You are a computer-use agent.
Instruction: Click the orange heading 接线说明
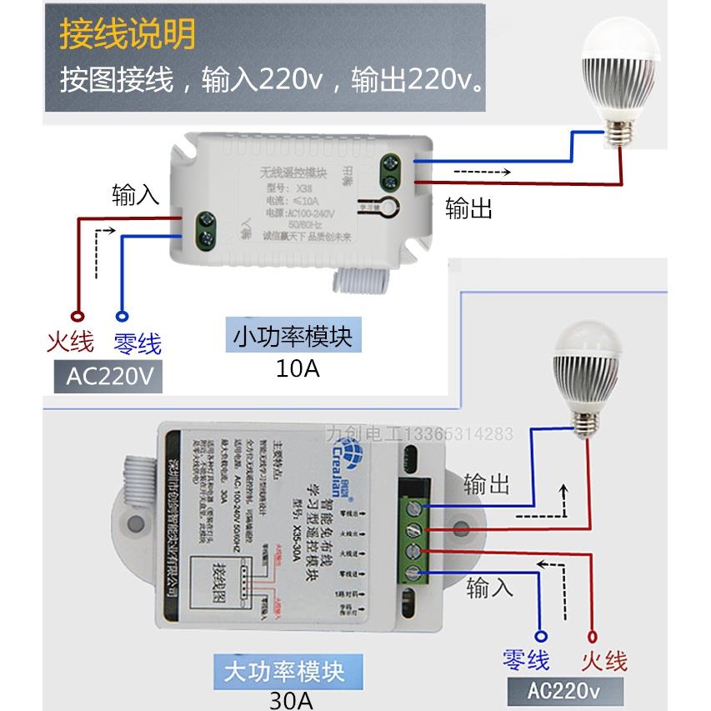[x=128, y=35]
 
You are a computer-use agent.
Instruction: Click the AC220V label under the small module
[x=108, y=378]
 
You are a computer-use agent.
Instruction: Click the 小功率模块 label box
[x=293, y=337]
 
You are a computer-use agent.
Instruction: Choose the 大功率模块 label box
[x=285, y=670]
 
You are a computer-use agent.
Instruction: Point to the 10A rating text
[x=298, y=368]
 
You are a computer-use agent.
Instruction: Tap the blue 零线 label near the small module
[x=138, y=343]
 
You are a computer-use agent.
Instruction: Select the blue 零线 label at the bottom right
[x=526, y=661]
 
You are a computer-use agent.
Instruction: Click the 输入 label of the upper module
[x=135, y=196]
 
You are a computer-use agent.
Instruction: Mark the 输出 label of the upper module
[x=468, y=208]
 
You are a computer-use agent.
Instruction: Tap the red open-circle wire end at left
[x=78, y=317]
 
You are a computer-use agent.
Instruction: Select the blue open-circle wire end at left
[x=122, y=317]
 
